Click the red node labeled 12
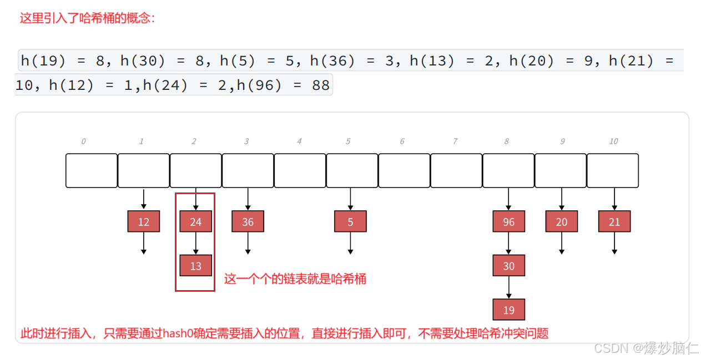pyautogui.click(x=144, y=222)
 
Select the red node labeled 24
pyautogui.click(x=196, y=222)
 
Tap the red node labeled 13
pyautogui.click(x=196, y=266)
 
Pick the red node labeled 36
pyautogui.click(x=248, y=222)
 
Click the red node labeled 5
pyautogui.click(x=350, y=222)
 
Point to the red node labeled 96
pyautogui.click(x=509, y=222)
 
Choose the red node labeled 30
pyautogui.click(x=509, y=266)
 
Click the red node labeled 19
pyautogui.click(x=509, y=310)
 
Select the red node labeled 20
pyautogui.click(x=562, y=222)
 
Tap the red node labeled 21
pyautogui.click(x=614, y=222)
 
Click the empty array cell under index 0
pyautogui.click(x=92, y=170)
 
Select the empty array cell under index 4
pyautogui.click(x=300, y=170)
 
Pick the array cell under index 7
pyautogui.click(x=456, y=170)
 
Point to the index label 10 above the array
pyautogui.click(x=613, y=141)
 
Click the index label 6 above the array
pyautogui.click(x=402, y=141)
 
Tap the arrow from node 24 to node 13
pyautogui.click(x=196, y=244)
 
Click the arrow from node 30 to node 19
pyautogui.click(x=509, y=287)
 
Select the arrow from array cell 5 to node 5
pyautogui.click(x=350, y=199)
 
